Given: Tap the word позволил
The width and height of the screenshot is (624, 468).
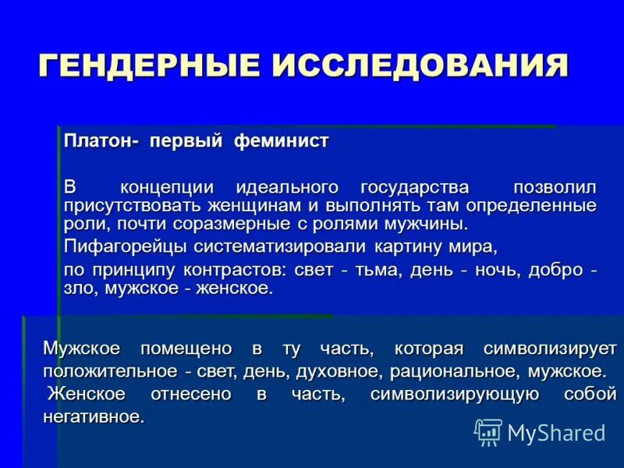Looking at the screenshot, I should (x=555, y=188).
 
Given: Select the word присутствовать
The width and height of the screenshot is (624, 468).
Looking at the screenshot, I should (x=133, y=206).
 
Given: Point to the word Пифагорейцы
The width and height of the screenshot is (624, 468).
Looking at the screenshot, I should (x=125, y=246).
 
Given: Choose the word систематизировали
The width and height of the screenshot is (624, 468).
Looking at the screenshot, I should (x=289, y=246).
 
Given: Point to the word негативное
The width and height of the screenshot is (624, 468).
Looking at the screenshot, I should (x=94, y=417).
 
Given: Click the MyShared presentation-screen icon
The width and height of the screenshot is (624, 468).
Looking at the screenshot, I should (x=488, y=431).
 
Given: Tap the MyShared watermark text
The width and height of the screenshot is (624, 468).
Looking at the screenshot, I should (x=556, y=432).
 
